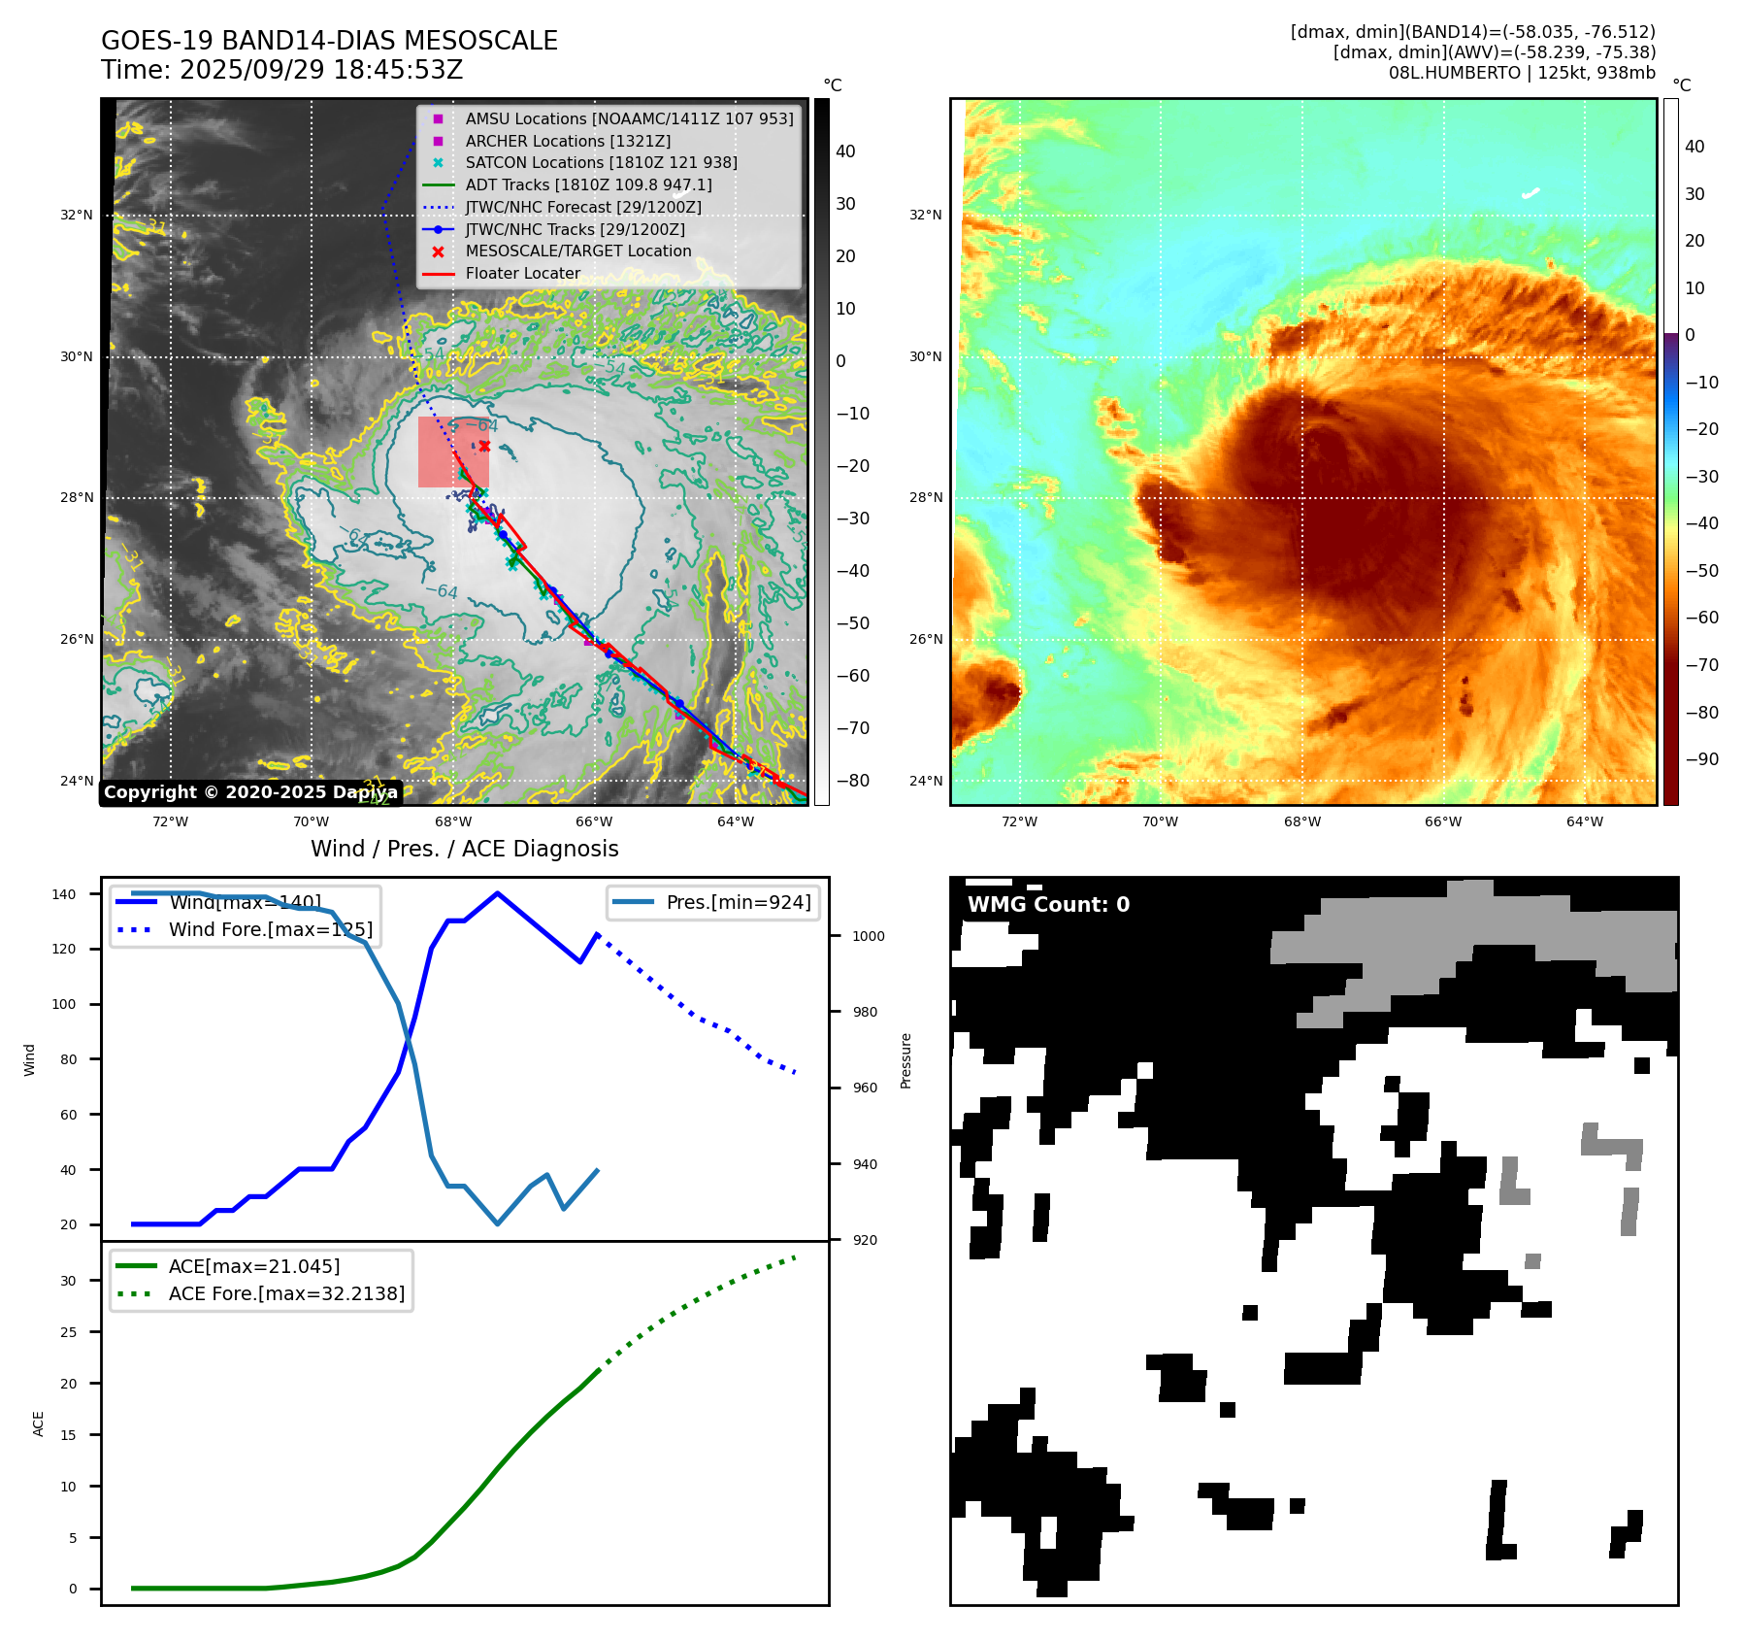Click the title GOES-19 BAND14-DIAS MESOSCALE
coord(329,41)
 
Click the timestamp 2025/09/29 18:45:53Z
coord(321,71)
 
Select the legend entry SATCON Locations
coord(601,163)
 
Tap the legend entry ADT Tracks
coord(588,184)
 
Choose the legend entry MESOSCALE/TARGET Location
coord(578,251)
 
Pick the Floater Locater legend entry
coord(522,274)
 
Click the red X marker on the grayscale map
coord(484,446)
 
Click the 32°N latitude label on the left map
coord(77,216)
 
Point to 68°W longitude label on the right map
coord(1301,821)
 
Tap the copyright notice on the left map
coord(250,792)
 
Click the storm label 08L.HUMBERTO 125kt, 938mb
coord(1522,73)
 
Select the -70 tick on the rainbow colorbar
coord(1701,665)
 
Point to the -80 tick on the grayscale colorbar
coord(853,781)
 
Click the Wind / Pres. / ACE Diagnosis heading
coord(464,849)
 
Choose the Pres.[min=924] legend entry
coord(738,902)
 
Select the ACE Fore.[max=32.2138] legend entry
coord(286,1293)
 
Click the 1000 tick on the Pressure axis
coord(868,936)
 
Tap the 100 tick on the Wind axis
coord(64,1004)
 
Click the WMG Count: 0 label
coord(1048,905)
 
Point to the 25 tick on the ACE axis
coord(68,1332)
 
